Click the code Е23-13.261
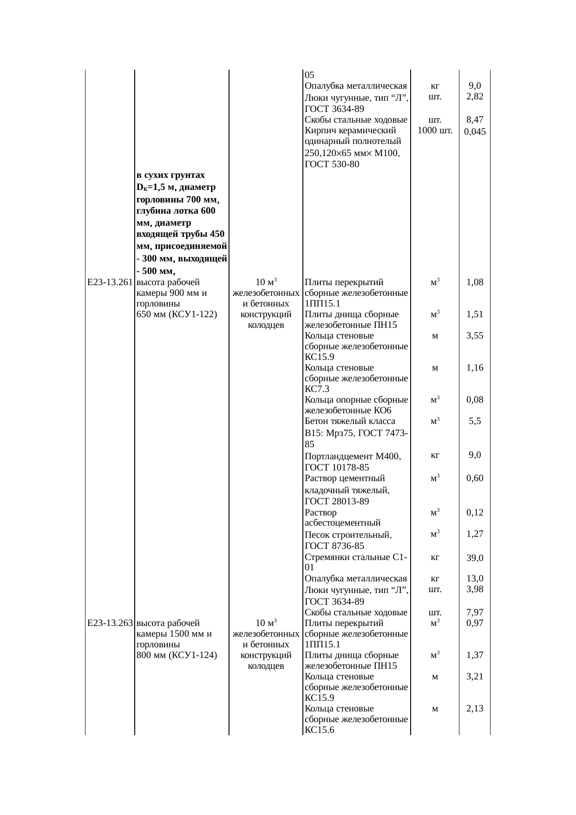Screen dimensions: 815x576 click(x=110, y=282)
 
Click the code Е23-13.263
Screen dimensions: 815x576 click(x=110, y=623)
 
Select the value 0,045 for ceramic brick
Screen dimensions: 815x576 click(x=475, y=131)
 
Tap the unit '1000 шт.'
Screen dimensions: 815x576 click(x=435, y=130)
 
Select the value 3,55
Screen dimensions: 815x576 click(x=475, y=336)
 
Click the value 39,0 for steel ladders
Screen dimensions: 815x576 click(x=475, y=558)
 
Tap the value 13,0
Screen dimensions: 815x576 click(x=475, y=579)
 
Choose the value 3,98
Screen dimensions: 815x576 click(x=475, y=589)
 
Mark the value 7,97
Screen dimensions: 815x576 click(x=475, y=612)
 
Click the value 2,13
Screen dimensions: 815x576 click(x=475, y=709)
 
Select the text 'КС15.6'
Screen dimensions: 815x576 click(x=321, y=730)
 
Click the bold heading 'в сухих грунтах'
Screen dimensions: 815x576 click(x=170, y=175)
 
